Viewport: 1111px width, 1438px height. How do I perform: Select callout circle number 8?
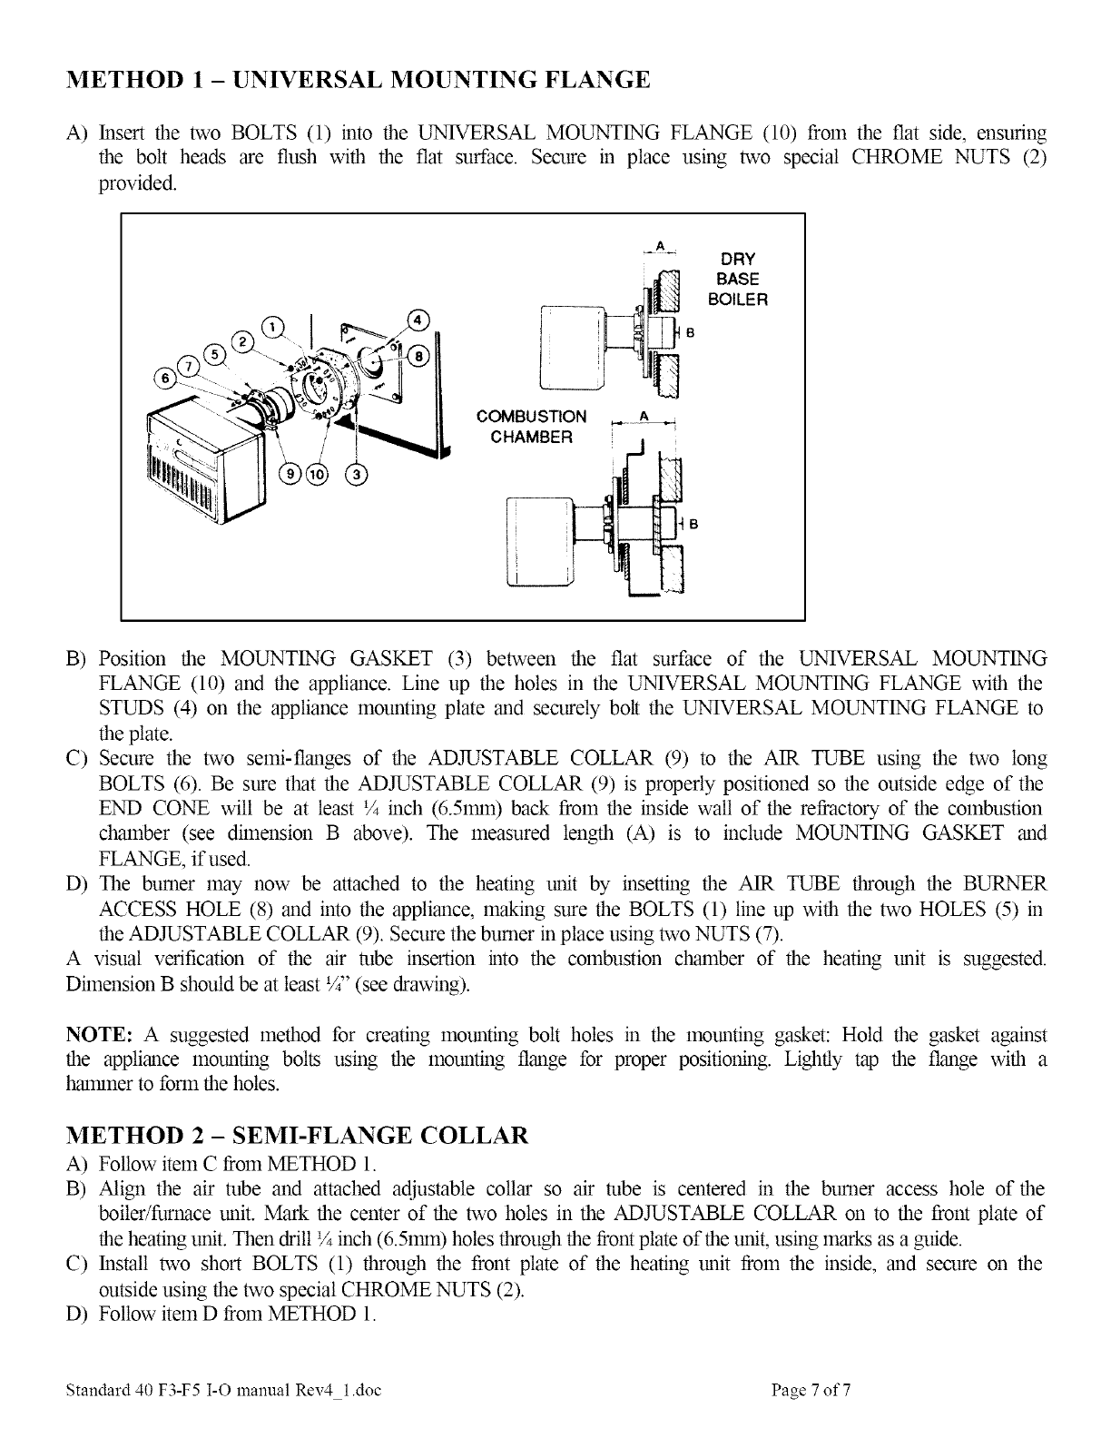[421, 354]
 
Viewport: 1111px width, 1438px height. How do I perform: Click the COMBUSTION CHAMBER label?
[532, 427]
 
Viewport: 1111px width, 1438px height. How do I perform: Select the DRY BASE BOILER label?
[737, 279]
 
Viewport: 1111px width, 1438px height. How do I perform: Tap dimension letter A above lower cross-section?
[644, 414]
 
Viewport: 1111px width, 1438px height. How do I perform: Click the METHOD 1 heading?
[359, 80]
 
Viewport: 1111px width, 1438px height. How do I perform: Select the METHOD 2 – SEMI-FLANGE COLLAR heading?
[298, 1135]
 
